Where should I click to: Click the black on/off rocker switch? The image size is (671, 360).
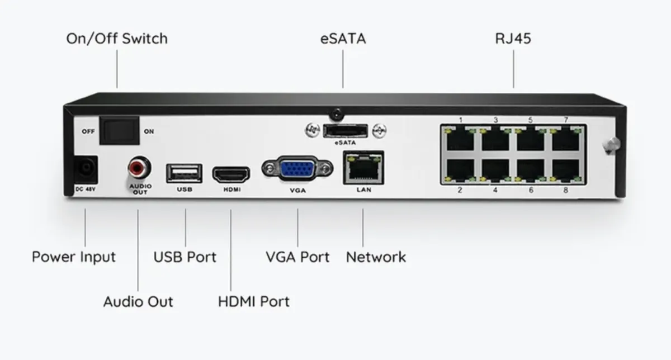pos(119,131)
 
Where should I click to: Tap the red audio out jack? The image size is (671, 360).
pos(139,168)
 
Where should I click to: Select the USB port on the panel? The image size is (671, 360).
pos(184,173)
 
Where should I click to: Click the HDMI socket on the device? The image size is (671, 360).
pos(231,174)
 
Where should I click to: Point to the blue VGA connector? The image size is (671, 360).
pos(297,169)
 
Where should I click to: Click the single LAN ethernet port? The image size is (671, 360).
pos(363,168)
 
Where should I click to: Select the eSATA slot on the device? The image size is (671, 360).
pos(346,131)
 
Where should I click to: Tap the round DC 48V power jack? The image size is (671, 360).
pos(86,169)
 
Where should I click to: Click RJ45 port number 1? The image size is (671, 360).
pos(460,139)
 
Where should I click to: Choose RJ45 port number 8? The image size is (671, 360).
pos(566,170)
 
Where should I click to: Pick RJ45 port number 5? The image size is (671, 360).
pos(531,139)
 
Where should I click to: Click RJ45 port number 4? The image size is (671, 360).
pos(495,170)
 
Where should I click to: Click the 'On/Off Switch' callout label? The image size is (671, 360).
pos(117,39)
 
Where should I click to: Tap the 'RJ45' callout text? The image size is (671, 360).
pos(513,39)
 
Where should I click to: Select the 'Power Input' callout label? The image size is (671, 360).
pos(74,257)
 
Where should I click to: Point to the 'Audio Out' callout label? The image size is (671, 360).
pos(138,302)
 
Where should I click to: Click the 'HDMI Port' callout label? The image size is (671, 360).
pos(254,302)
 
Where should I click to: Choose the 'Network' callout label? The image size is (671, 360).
pos(376,257)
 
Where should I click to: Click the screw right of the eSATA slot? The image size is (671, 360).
pos(379,131)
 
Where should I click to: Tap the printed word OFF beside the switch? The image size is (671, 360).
pos(88,131)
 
